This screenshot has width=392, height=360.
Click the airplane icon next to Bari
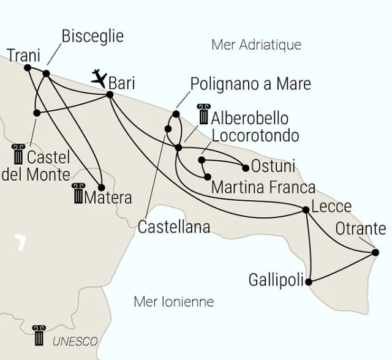98,77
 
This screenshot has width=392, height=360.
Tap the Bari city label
122,83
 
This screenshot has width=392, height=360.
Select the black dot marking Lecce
306,210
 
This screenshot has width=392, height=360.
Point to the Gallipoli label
276,280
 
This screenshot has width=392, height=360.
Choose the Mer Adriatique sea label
256,45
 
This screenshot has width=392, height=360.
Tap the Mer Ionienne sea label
173,301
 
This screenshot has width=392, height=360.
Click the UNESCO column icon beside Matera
78,193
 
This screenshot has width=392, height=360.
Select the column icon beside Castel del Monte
18,155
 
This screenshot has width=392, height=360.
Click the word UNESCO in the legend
75,341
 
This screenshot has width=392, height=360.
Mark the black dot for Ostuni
246,168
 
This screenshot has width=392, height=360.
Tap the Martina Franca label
263,187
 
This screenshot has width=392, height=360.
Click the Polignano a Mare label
251,84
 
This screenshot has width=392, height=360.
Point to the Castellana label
173,227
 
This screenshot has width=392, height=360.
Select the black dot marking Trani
27,67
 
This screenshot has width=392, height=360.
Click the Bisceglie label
92,36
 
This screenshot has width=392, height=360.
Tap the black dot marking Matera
102,187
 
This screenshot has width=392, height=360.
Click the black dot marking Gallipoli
309,282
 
